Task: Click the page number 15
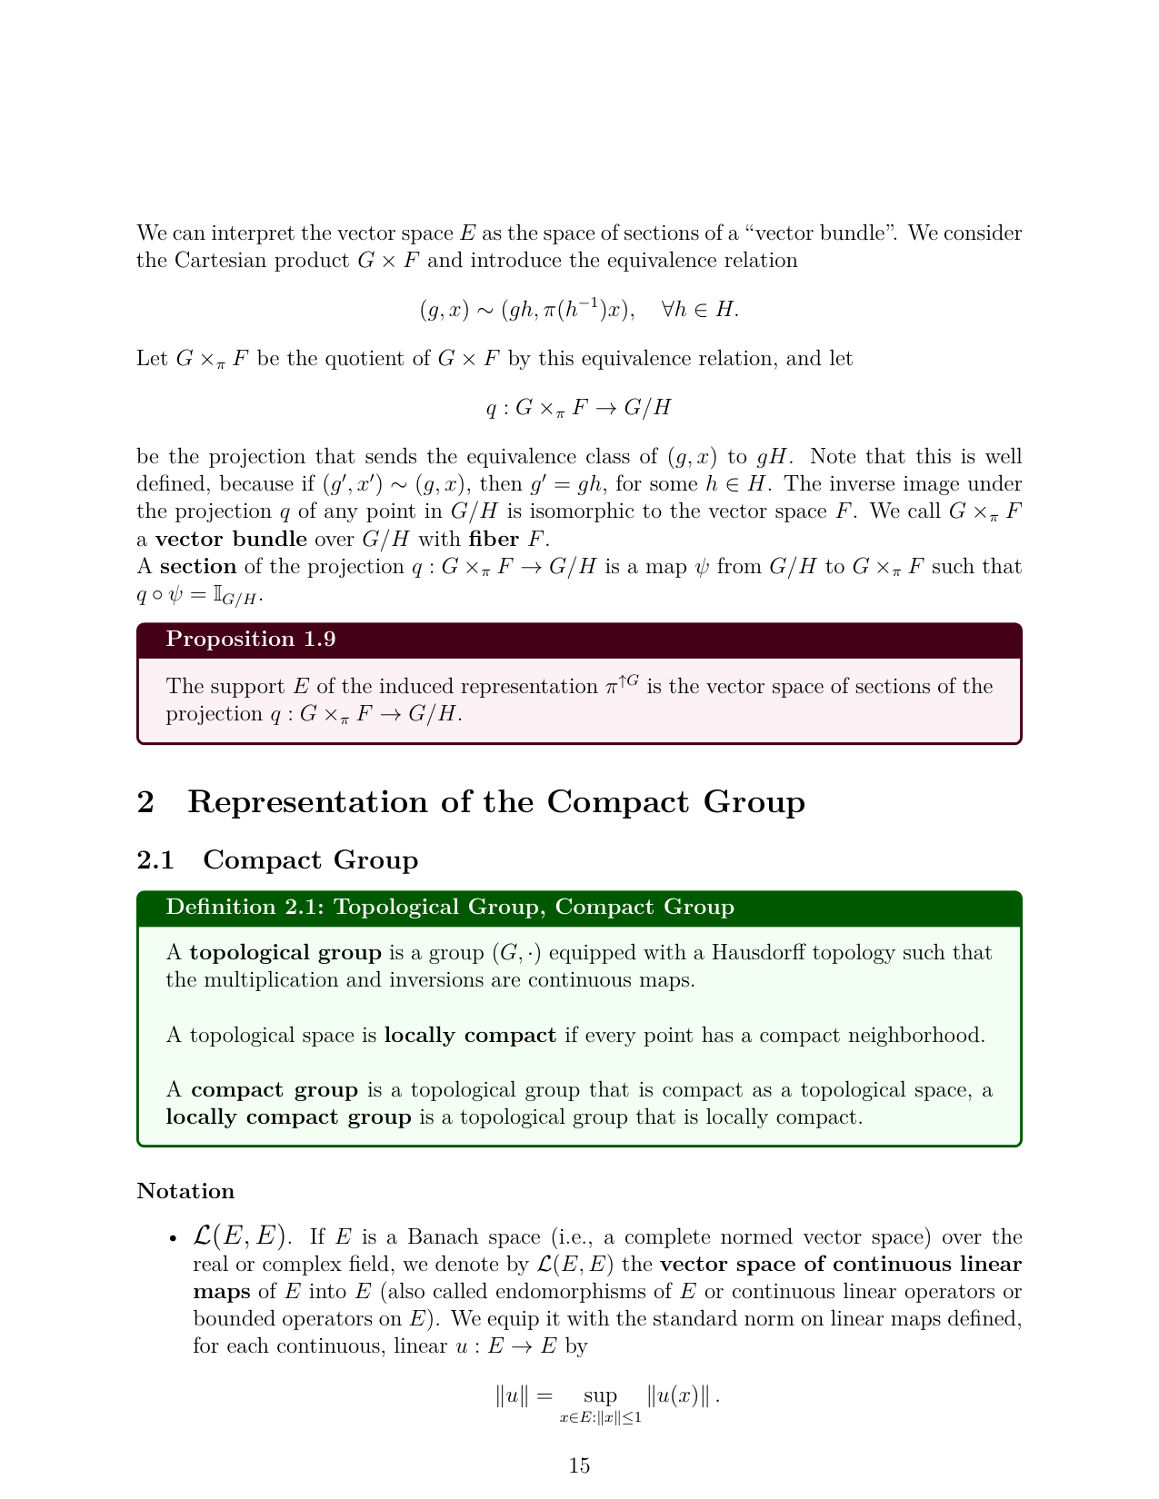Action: click(x=579, y=1465)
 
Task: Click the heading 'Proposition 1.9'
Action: click(x=251, y=640)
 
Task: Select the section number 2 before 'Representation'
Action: click(x=145, y=803)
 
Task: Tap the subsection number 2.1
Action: click(x=155, y=860)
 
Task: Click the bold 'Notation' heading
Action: click(x=185, y=1191)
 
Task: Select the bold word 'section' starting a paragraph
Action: click(x=198, y=567)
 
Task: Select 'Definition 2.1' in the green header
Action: click(x=236, y=908)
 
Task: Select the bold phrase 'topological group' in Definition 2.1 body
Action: click(x=285, y=953)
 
